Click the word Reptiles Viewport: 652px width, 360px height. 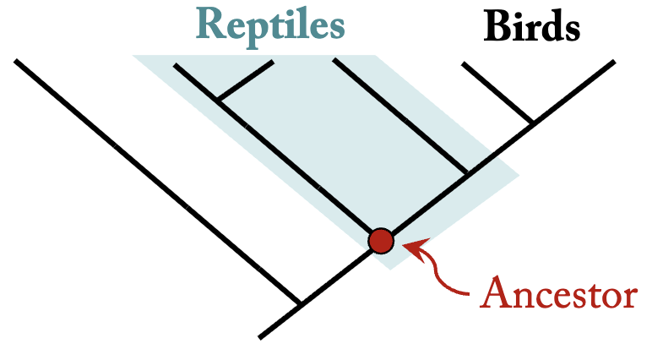[x=271, y=25]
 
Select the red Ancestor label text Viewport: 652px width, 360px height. [x=558, y=294]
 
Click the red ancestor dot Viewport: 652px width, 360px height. [x=381, y=241]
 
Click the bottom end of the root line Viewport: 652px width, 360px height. [x=261, y=336]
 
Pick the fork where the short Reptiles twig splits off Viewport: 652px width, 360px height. [x=219, y=101]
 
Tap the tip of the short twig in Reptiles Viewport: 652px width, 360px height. [x=272, y=62]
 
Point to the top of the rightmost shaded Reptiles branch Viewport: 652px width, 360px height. [x=335, y=61]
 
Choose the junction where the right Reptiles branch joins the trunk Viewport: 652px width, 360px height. [x=467, y=175]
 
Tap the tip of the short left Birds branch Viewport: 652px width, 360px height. [x=463, y=63]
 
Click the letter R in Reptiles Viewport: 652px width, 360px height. [x=211, y=25]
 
